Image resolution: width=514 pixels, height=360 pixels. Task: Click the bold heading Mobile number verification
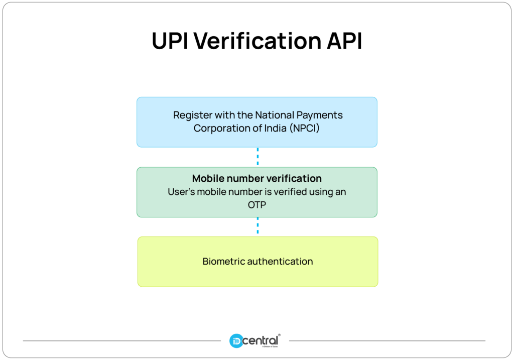257,179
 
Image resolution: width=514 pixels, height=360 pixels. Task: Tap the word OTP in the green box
257,205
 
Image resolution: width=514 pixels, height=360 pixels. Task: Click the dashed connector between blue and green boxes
258,157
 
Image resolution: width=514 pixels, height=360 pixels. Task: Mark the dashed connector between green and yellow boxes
258,226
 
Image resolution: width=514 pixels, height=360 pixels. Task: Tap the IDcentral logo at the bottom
255,341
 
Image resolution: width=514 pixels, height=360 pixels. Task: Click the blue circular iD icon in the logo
236,342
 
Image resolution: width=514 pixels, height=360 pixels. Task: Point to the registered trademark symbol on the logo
279,335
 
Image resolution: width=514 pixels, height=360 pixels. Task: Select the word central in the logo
261,341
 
